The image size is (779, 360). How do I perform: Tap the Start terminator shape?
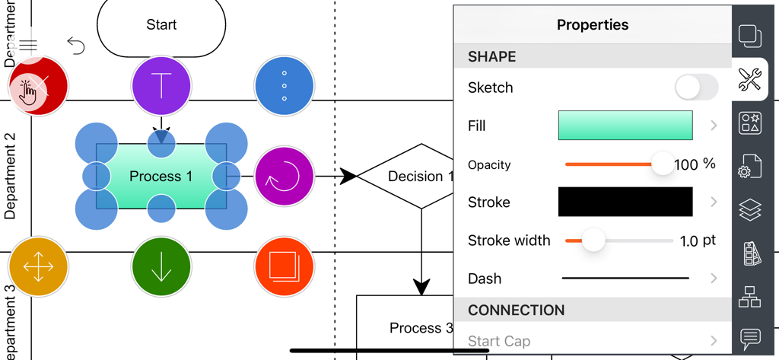point(161,25)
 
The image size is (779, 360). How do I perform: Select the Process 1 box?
point(161,177)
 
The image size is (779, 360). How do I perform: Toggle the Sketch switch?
point(695,88)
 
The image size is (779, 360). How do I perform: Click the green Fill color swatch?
point(625,126)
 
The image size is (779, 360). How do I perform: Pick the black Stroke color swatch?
point(625,202)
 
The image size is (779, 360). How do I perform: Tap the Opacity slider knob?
point(663,164)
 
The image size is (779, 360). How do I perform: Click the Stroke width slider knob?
point(593,241)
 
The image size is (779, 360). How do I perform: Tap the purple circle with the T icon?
point(161,85)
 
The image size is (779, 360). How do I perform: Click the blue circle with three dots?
point(284,85)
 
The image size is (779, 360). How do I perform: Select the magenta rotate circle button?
point(284,177)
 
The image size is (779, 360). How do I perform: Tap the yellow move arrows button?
point(39,267)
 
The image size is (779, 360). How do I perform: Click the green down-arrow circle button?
point(161,267)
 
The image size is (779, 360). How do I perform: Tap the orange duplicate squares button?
point(284,267)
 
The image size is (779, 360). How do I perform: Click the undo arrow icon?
point(75,46)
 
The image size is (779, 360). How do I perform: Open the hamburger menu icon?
point(28,46)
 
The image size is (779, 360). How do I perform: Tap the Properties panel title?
point(593,24)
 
